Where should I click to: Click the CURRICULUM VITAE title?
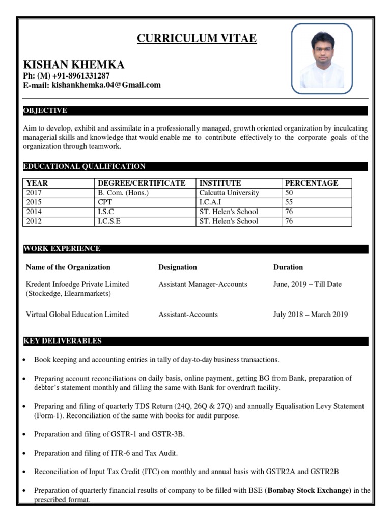pos(197,39)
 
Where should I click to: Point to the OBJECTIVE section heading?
pos(45,111)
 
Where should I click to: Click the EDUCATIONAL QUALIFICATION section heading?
pos(85,166)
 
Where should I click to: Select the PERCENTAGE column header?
pos(311,184)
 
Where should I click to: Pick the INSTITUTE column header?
pos(220,184)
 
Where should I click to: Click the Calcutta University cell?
pos(229,193)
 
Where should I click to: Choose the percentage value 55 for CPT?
pos(289,202)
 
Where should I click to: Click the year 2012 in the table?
pos(34,221)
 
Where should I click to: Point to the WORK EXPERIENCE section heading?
pos(62,249)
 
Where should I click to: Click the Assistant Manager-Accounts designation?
pos(203,284)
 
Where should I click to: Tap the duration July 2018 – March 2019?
pos(311,315)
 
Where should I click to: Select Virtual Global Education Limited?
pos(77,315)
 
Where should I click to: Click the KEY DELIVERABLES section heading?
pos(63,341)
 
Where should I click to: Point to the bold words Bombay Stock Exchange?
pos(310,491)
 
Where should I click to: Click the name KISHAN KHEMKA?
pos(74,65)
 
